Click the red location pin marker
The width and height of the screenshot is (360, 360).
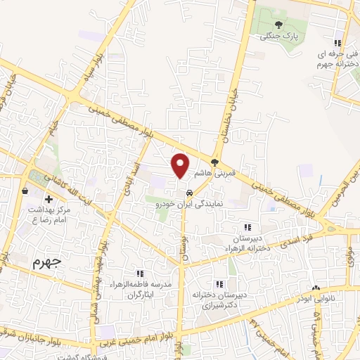click(x=181, y=165)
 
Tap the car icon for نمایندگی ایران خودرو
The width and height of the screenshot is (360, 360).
click(x=189, y=193)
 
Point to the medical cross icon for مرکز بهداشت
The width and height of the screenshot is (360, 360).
click(x=49, y=200)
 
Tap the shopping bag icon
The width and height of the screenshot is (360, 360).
click(x=25, y=190)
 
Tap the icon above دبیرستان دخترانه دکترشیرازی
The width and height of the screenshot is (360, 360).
click(x=220, y=284)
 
